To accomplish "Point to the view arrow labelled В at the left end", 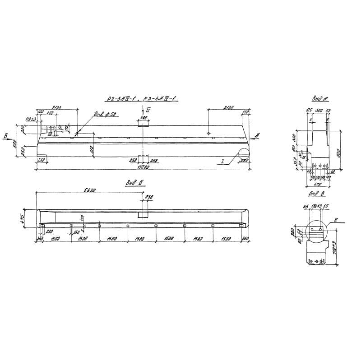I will pyautogui.click(x=5, y=136).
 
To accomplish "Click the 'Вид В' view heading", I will pyautogui.click(x=316, y=194).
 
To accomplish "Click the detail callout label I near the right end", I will pyautogui.click(x=222, y=161).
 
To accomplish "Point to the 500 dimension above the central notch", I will pyautogui.click(x=143, y=118).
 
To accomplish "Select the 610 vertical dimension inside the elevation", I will pyautogui.click(x=92, y=148).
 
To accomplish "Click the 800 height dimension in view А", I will pyautogui.click(x=338, y=152).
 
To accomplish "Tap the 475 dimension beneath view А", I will pyautogui.click(x=317, y=184).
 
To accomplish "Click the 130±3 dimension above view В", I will pyautogui.click(x=316, y=206).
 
